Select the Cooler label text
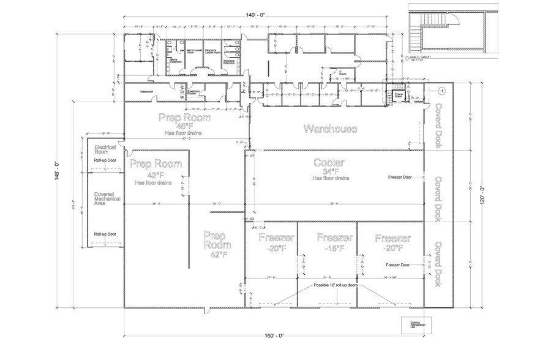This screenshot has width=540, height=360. point(329,163)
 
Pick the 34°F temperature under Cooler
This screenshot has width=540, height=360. point(329,171)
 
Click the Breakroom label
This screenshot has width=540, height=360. point(146,92)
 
